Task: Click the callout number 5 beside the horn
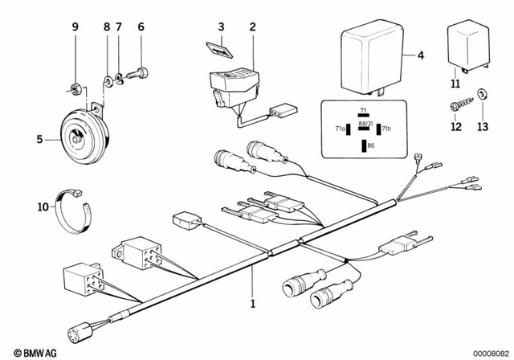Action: click(38, 138)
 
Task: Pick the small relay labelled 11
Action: click(465, 50)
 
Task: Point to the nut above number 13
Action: click(483, 94)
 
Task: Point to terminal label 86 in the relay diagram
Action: click(370, 145)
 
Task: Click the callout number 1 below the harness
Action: click(252, 305)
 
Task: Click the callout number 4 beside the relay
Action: click(420, 55)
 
